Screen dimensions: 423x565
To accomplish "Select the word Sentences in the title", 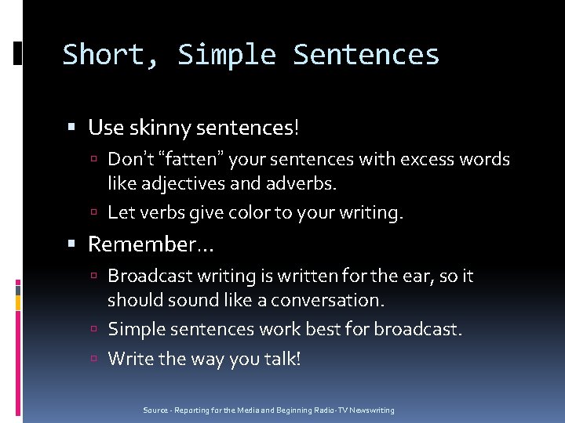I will point(366,55).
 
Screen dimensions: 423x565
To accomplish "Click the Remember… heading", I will point(149,244).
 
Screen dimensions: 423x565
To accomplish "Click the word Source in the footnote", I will point(155,410).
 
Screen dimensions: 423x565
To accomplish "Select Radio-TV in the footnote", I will point(323,410).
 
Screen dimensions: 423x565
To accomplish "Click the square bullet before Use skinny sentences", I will point(72,127).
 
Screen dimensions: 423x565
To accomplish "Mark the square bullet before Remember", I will point(72,245).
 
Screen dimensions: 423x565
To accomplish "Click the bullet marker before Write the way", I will point(93,360).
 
